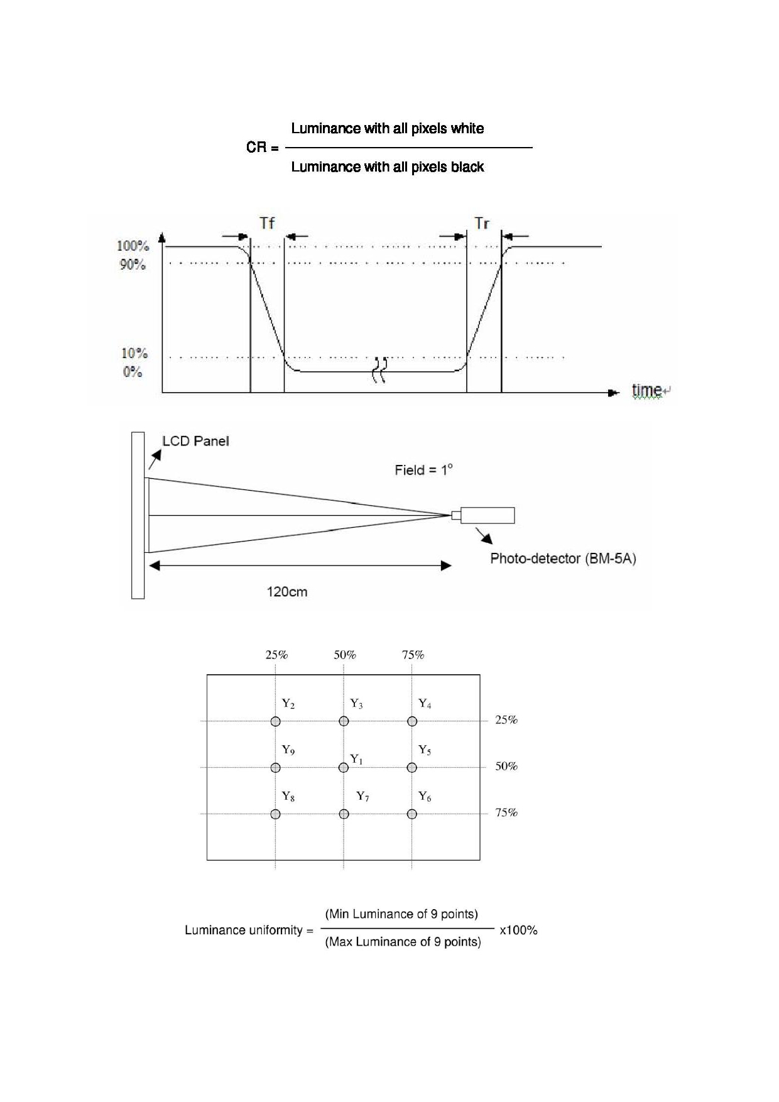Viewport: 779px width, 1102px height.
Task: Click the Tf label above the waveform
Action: point(267,223)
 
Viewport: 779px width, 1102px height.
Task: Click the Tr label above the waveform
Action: point(482,223)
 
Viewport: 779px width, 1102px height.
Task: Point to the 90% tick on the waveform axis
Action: point(133,265)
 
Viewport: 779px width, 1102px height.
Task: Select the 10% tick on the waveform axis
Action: point(134,353)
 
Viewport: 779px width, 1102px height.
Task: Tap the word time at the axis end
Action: point(646,390)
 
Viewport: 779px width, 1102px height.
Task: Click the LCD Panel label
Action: point(195,441)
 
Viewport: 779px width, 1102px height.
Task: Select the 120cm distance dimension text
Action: point(287,592)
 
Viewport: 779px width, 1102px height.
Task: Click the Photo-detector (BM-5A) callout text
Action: point(563,559)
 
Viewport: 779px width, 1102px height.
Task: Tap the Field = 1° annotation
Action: point(423,470)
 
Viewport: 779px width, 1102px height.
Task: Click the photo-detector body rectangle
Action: point(488,515)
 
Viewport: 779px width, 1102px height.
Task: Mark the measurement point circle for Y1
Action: point(344,767)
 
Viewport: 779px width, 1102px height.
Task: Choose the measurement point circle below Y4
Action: point(412,721)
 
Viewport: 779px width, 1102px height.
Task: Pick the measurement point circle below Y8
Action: point(275,814)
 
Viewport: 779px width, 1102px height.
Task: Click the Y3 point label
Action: point(356,704)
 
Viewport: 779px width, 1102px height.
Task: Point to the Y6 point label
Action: point(425,797)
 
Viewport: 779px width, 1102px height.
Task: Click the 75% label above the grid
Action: point(413,655)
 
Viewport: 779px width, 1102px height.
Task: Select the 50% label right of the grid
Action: point(506,766)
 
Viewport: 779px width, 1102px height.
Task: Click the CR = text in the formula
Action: point(262,148)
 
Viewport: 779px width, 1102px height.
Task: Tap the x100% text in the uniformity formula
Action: point(518,930)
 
